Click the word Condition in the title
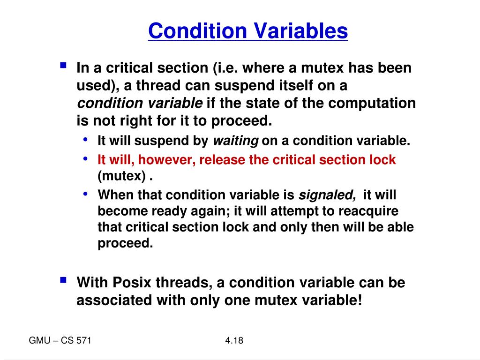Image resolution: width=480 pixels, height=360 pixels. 197,31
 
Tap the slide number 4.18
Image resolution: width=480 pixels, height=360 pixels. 234,341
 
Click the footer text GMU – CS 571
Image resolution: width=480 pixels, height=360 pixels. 60,341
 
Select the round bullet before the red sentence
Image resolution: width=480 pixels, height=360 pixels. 85,158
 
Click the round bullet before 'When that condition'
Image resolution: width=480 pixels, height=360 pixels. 85,193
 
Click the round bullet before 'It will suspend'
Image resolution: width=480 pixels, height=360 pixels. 85,140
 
